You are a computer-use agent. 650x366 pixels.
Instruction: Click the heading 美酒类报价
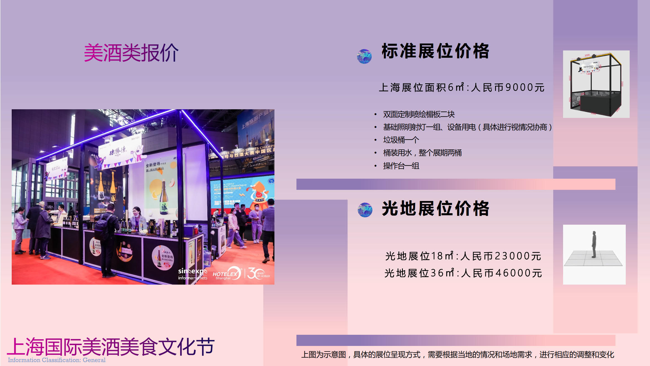131,53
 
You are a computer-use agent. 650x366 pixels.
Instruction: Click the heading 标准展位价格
435,51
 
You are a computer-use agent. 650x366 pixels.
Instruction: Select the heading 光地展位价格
435,209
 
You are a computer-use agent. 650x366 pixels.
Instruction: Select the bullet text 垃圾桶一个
401,140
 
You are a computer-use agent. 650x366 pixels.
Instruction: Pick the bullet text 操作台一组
401,166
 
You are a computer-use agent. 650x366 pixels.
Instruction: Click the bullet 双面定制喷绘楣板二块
419,114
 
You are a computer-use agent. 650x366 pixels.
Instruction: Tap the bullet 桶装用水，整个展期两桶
422,153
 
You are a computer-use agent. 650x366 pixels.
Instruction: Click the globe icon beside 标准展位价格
364,56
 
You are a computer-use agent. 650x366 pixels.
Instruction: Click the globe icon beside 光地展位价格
365,210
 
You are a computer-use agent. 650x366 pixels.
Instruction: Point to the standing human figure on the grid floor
594,244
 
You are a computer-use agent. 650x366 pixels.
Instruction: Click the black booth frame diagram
596,84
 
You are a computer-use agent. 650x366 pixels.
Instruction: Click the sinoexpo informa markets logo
193,274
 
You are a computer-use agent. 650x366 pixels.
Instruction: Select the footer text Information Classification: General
57,360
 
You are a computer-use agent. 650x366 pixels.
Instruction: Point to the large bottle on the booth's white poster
164,198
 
